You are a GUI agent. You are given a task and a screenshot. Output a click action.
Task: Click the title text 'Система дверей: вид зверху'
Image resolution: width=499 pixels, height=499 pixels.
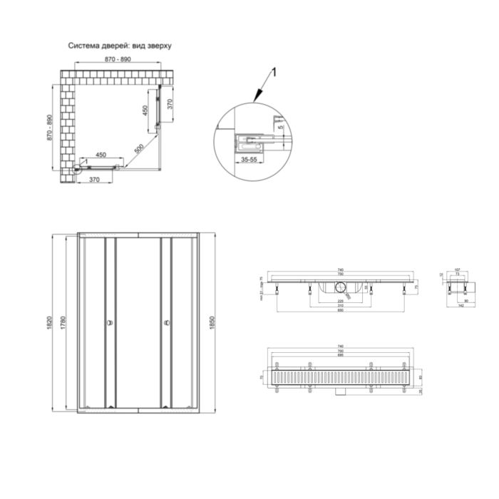click(120, 44)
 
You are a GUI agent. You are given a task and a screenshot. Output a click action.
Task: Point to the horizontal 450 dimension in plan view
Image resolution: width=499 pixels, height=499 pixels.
click(101, 155)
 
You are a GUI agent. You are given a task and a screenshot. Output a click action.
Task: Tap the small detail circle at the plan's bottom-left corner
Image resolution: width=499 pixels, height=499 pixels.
click(76, 169)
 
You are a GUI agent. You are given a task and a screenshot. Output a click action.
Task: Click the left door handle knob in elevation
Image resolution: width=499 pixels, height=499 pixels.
click(109, 324)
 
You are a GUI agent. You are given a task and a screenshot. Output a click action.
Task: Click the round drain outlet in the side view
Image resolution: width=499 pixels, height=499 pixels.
click(340, 287)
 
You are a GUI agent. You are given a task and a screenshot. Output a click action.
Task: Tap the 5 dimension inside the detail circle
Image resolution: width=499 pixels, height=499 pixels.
click(281, 128)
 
